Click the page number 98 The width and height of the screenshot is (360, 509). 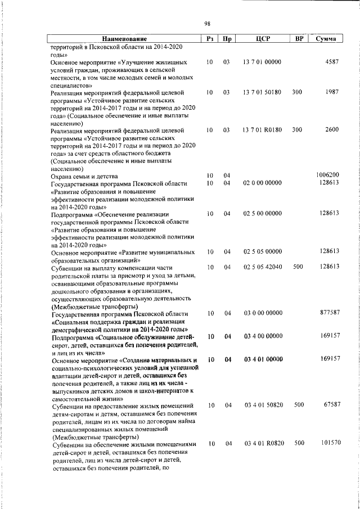208,23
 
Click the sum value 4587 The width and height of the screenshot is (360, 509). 332,61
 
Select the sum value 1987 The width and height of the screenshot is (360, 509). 332,91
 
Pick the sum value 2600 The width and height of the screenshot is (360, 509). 332,129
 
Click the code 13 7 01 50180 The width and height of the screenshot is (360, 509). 263,91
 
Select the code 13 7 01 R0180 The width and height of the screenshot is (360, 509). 263,129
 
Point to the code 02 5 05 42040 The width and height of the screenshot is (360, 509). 263,267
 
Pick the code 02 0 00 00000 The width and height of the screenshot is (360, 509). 263,183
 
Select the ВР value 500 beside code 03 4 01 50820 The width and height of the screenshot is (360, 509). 299,405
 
